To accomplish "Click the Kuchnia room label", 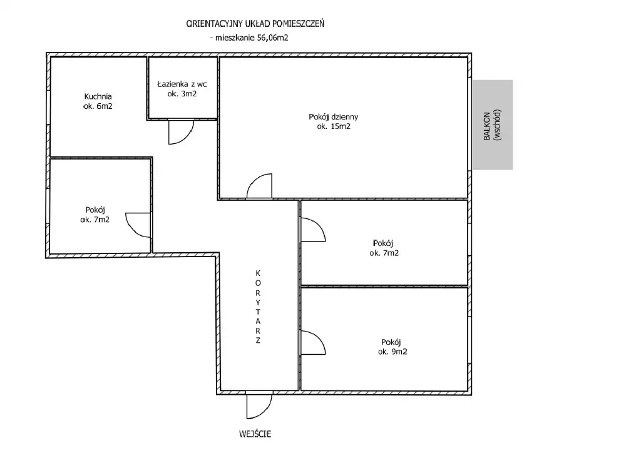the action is point(98,96).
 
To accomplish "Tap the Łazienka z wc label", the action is point(182,84).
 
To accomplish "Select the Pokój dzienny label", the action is point(334,116).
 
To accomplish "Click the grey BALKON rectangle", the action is point(493,125).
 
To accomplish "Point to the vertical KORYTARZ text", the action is point(258,307).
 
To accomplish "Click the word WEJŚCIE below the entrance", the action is point(255,434).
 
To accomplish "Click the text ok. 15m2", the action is point(334,126).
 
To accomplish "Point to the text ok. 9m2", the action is point(393,352).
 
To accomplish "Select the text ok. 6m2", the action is point(98,106).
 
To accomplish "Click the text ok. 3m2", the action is point(182,94).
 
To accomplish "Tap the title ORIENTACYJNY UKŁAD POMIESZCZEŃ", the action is point(255,24).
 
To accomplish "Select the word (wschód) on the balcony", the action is point(497,125).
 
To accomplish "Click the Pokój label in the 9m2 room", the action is point(391,342).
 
